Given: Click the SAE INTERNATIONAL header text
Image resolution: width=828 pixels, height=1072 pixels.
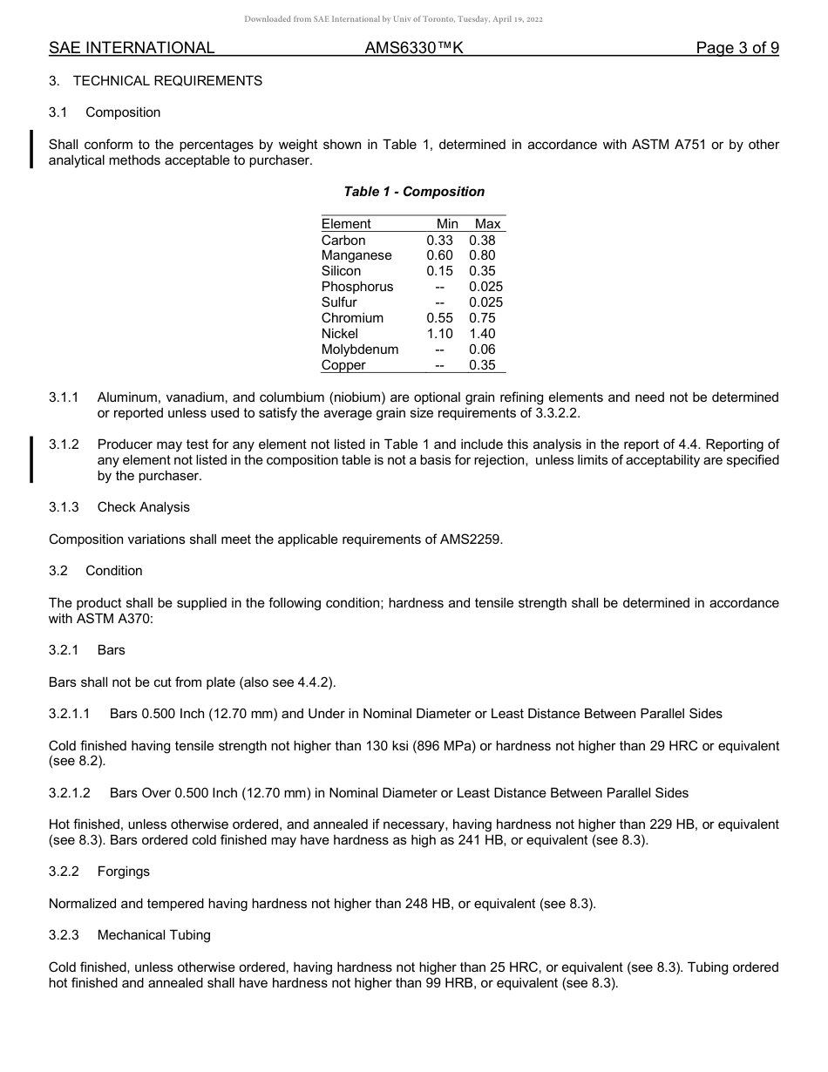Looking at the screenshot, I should point(132,49).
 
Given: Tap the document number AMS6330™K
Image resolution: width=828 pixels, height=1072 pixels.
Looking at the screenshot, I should point(414,49).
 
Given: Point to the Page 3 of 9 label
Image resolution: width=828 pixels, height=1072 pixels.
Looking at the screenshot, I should point(737,49).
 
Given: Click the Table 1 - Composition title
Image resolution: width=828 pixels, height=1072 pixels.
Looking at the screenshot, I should point(414,192).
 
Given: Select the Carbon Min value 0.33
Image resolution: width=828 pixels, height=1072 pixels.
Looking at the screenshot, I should point(439,241).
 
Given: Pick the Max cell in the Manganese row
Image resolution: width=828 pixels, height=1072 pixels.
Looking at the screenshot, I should point(482,256).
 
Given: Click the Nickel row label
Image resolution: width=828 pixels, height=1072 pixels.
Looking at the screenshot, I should point(340,334).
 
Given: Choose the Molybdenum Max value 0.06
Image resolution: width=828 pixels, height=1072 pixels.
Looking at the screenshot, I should point(482,349).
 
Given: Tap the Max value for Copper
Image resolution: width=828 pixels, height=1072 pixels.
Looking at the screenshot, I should point(482,365).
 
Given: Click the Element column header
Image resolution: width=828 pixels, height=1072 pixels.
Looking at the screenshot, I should point(346,224).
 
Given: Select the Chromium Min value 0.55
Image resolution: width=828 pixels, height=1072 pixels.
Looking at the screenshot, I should point(439,318).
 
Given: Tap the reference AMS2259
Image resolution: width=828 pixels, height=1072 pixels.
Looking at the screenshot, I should point(470,539).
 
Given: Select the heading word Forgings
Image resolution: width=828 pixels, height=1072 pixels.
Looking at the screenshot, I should point(124,872).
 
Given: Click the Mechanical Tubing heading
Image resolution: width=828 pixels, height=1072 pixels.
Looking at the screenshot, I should point(154,935).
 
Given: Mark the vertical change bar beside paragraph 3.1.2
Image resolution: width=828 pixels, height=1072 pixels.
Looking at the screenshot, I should point(32,459).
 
